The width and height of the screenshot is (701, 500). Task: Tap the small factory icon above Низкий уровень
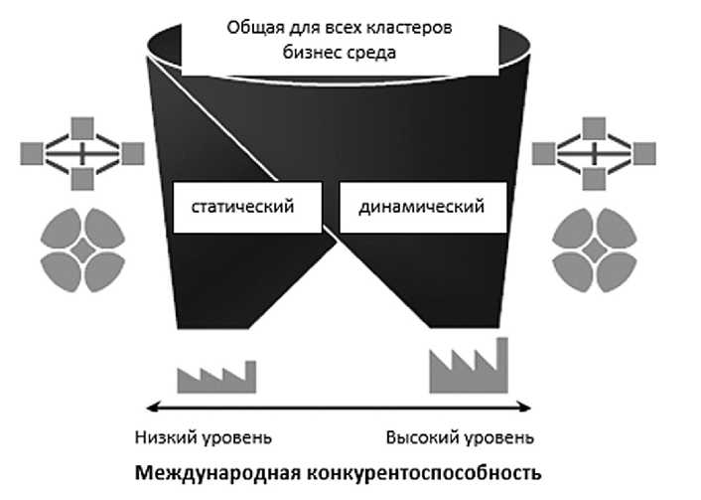point(215,376)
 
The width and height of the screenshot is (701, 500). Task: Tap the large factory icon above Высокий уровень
point(468,367)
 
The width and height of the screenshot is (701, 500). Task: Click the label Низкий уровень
point(203,437)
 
